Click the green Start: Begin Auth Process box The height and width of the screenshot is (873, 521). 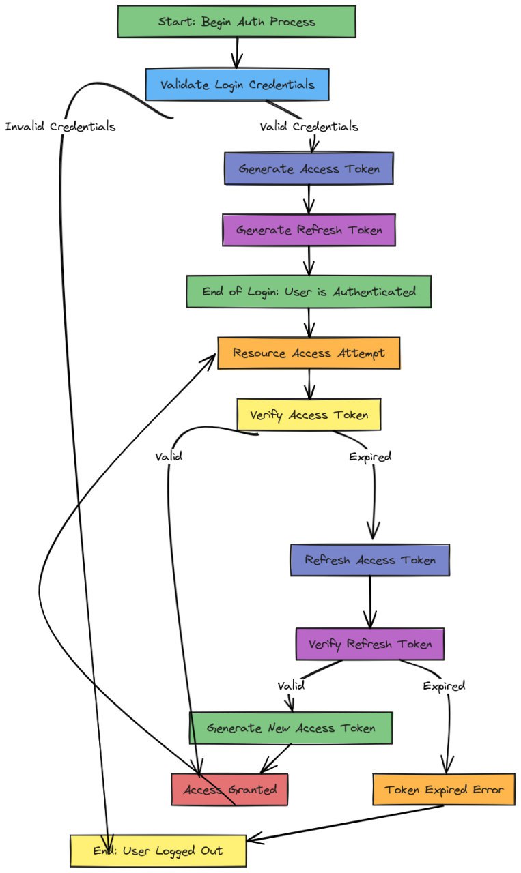pos(236,21)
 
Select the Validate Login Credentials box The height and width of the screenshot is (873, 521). pos(237,85)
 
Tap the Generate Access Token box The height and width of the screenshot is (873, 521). pos(309,168)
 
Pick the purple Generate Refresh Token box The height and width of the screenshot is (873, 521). pos(309,230)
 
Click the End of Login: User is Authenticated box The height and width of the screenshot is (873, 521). pos(309,291)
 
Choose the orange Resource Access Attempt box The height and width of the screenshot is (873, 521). pos(309,353)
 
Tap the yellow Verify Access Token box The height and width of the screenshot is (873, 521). pos(309,415)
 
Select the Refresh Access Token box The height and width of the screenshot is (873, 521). pos(369,560)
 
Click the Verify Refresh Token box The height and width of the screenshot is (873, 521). pos(369,644)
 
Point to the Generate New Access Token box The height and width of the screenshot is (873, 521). pos(291,728)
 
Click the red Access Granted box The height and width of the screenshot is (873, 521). pos(229,790)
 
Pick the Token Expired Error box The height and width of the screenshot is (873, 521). pos(444,790)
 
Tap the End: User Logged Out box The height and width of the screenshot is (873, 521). pos(158,850)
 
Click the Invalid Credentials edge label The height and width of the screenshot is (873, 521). pos(60,127)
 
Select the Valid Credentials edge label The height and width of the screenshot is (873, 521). pos(309,127)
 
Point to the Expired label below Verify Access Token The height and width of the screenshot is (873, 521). pos(369,457)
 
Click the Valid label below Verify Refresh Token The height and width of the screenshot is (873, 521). pos(291,685)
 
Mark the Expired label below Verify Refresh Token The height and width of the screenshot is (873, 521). pos(444,685)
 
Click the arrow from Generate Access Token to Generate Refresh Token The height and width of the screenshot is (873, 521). pos(309,199)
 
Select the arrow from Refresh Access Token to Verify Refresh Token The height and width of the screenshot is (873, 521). pos(369,602)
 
